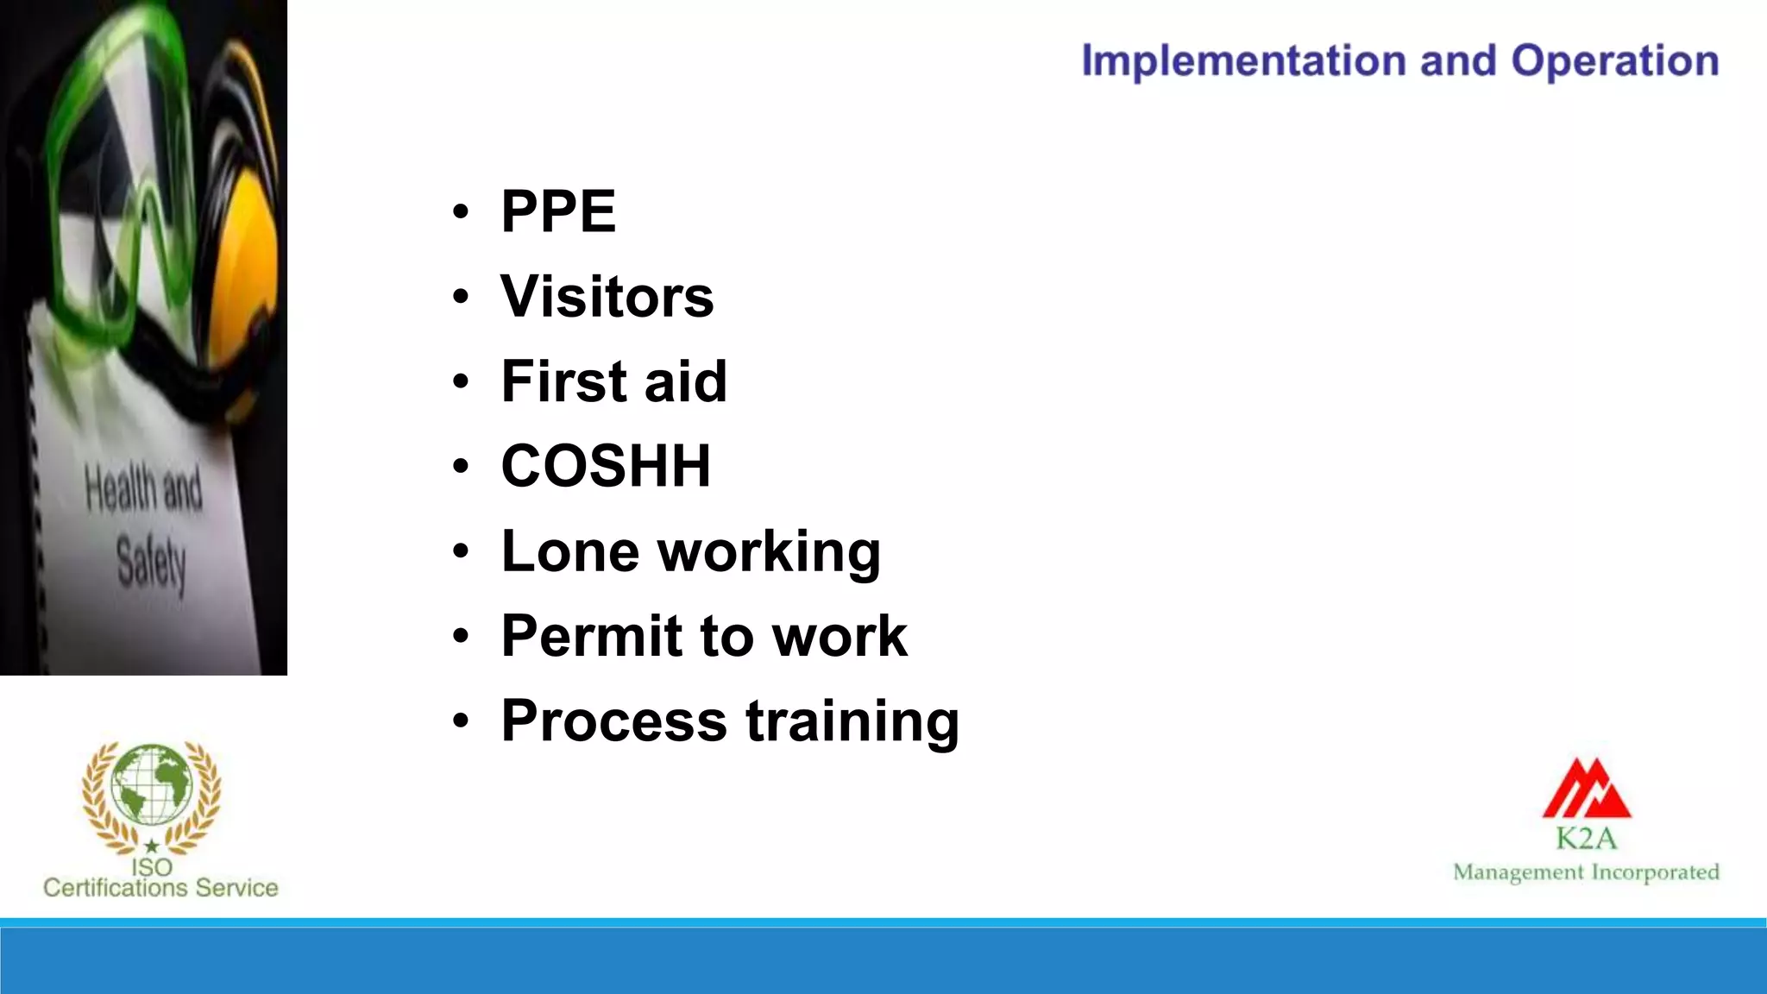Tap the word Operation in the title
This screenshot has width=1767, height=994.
pos(1614,61)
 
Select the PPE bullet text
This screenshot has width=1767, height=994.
pos(558,211)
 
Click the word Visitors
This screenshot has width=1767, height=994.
pos(607,296)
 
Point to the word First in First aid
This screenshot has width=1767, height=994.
pos(563,381)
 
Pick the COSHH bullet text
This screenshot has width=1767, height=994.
pos(606,466)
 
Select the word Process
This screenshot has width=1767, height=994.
pos(613,720)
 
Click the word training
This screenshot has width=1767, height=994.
pos(852,722)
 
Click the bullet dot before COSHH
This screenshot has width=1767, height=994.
pos(461,467)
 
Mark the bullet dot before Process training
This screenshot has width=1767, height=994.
pos(461,721)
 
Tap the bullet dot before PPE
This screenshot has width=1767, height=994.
pos(461,212)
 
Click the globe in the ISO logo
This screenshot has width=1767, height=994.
pos(152,783)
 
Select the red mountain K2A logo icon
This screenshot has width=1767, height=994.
pos(1587,789)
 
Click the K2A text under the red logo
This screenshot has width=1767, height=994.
pos(1586,838)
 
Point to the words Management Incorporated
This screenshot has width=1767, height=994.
pos(1586,872)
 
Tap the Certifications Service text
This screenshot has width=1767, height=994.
pos(160,888)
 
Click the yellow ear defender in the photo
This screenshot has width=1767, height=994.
pos(246,259)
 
